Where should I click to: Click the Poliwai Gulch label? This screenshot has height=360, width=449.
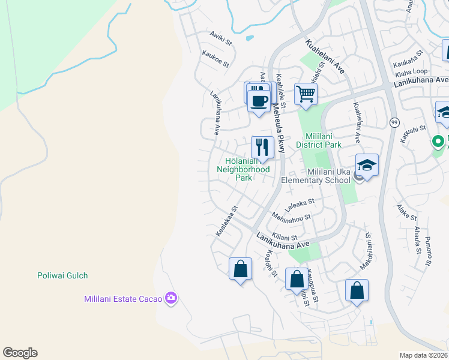pyautogui.click(x=61, y=275)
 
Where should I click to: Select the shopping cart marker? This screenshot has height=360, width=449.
pyautogui.click(x=306, y=94)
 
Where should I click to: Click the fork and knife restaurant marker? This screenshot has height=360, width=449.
pyautogui.click(x=262, y=147)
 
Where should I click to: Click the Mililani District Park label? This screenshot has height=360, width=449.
pyautogui.click(x=319, y=140)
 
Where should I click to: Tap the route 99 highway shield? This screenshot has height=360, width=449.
pyautogui.click(x=394, y=122)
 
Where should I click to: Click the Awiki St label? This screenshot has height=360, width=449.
pyautogui.click(x=220, y=39)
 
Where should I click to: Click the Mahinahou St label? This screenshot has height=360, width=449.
pyautogui.click(x=291, y=216)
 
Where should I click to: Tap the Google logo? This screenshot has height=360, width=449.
pyautogui.click(x=20, y=353)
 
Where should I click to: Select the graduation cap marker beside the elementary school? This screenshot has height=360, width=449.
pyautogui.click(x=367, y=165)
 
